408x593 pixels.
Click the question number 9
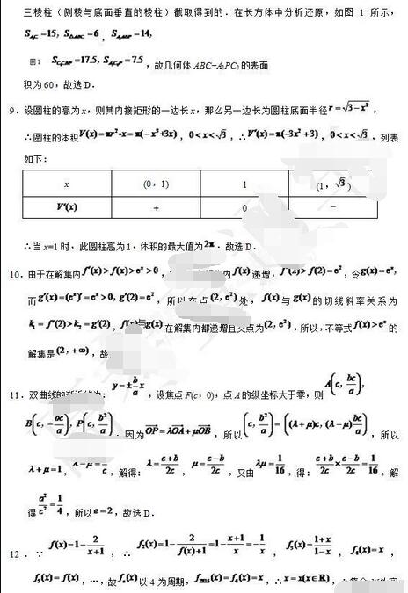(x=11, y=110)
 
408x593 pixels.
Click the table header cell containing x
(x=67, y=184)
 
